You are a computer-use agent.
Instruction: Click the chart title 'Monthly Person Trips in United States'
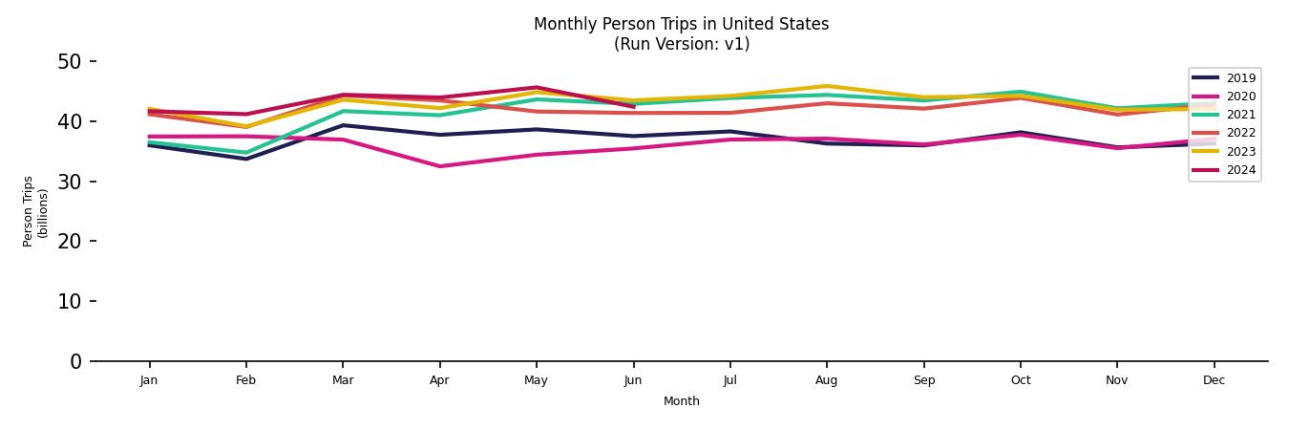pos(681,24)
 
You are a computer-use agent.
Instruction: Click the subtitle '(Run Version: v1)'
pos(681,44)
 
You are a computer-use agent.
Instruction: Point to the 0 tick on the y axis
pos(76,361)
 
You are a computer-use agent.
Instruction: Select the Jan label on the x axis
pos(149,380)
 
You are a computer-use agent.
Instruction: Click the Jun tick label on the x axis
pos(633,380)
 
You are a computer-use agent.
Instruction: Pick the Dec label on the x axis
pos(1214,380)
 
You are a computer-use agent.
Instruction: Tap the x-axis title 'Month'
pos(681,401)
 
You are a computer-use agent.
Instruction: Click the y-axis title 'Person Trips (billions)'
pos(35,211)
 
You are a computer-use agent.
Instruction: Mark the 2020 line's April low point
pos(439,166)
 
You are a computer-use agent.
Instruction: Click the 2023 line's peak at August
pos(827,86)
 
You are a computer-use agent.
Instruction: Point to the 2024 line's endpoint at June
pos(633,107)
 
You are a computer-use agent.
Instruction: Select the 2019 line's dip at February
pos(246,159)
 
